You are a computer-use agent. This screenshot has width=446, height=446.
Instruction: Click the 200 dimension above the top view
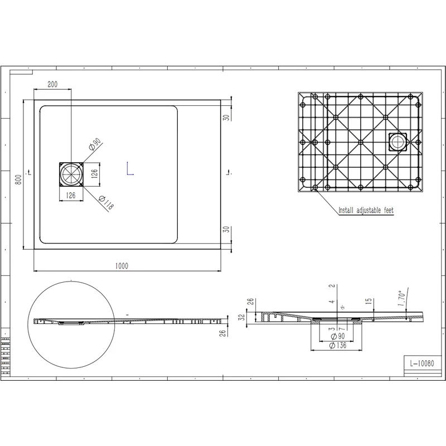click(52, 84)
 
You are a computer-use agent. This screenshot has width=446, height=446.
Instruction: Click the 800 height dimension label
click(18, 180)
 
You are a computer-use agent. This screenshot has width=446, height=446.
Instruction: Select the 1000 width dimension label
click(122, 266)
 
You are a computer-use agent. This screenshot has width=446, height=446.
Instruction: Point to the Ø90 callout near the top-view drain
click(94, 146)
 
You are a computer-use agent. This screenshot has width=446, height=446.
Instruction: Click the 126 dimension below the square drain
click(71, 195)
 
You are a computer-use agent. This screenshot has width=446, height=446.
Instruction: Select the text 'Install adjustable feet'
click(366, 211)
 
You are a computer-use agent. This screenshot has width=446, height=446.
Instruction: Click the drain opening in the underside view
click(399, 142)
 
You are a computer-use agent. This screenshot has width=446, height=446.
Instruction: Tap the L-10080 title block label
click(422, 363)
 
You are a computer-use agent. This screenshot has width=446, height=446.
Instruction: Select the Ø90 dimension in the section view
click(337, 337)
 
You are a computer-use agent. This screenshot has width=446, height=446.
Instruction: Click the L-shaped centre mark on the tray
click(129, 169)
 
